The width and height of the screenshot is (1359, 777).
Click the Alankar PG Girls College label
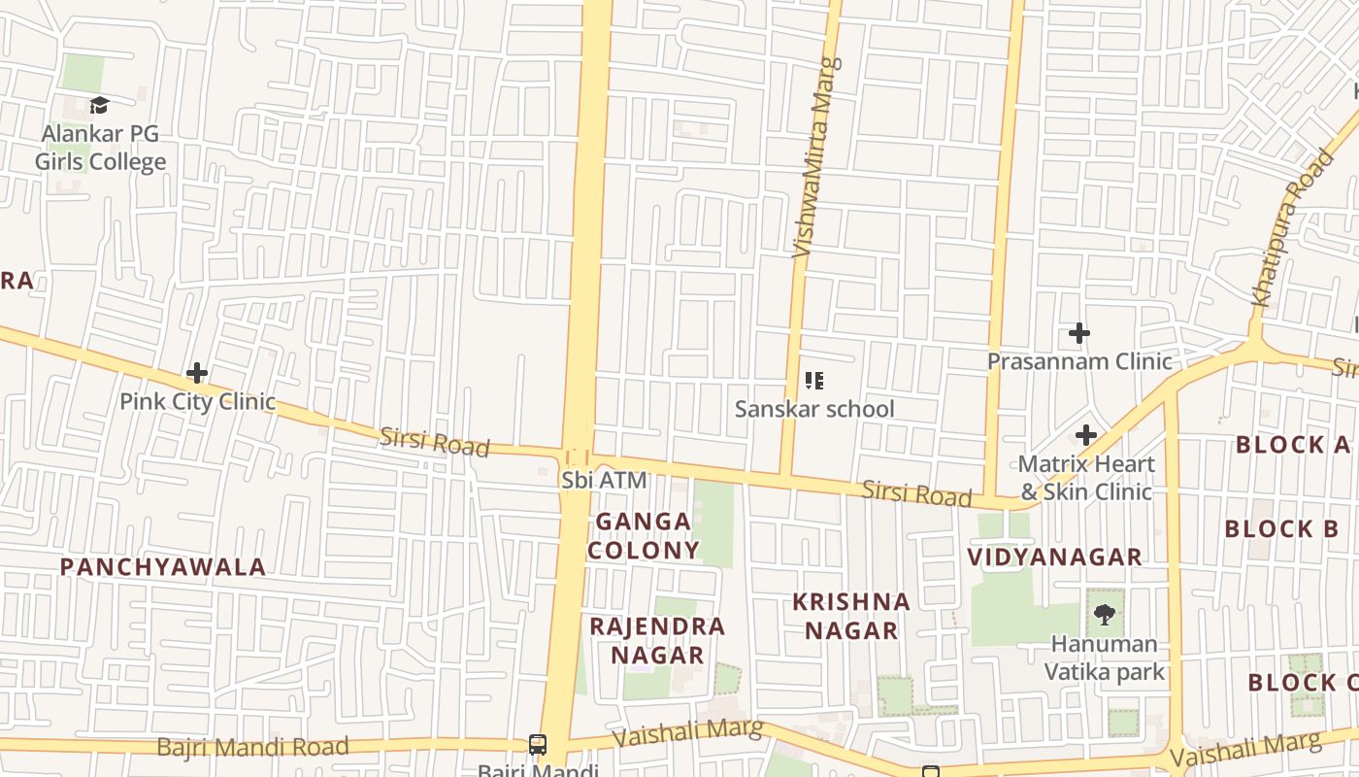tap(100, 148)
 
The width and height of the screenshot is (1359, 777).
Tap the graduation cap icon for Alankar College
tap(99, 105)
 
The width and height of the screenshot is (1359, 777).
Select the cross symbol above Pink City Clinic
tap(197, 373)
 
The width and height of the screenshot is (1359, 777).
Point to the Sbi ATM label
tap(604, 480)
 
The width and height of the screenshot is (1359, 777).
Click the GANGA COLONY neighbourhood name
tap(644, 536)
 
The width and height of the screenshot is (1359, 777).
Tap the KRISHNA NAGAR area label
tap(851, 616)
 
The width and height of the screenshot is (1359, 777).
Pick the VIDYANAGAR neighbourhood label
tap(1055, 557)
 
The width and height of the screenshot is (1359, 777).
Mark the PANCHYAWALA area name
tap(163, 567)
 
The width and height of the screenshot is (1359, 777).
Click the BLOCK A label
tap(1293, 445)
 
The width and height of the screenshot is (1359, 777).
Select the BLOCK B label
tap(1281, 529)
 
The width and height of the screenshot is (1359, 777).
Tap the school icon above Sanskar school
tap(814, 381)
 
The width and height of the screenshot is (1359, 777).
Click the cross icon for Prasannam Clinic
tap(1079, 334)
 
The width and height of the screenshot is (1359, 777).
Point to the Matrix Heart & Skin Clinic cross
tap(1086, 435)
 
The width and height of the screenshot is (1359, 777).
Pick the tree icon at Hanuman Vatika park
tap(1104, 614)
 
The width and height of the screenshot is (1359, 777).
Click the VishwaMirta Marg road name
tap(814, 172)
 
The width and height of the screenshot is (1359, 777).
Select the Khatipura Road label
tap(1292, 229)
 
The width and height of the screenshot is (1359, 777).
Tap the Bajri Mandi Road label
tap(252, 747)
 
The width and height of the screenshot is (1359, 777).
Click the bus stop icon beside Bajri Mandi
tap(538, 745)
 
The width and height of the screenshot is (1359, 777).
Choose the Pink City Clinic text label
tap(197, 401)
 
